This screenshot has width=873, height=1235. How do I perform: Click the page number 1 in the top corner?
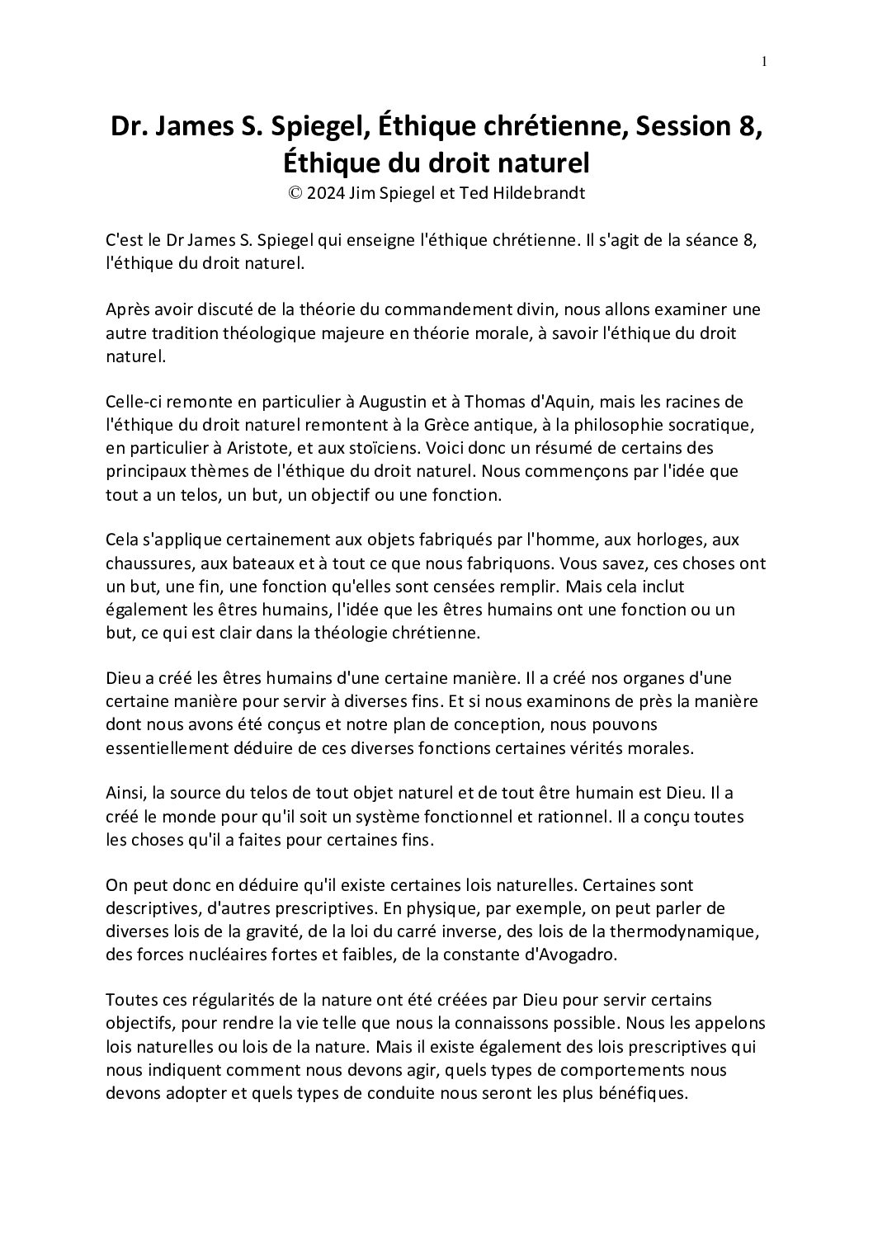coord(765,61)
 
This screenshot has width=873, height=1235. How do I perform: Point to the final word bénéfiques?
coord(635,1094)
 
